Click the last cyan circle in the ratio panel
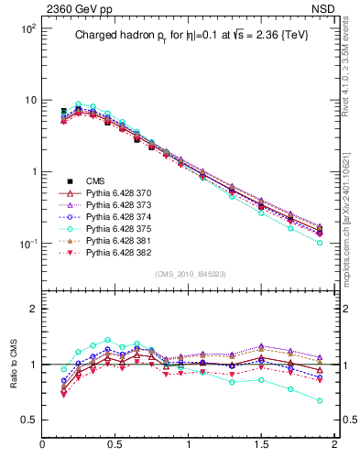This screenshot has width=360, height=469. coord(320,400)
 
